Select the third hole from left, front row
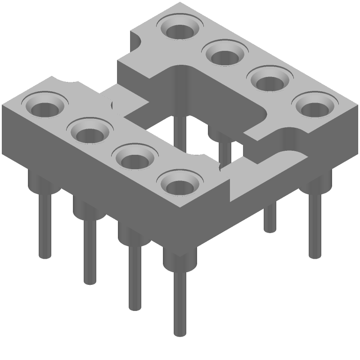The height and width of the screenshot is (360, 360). [x=134, y=159]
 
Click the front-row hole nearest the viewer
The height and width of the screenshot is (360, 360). [x=179, y=185]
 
